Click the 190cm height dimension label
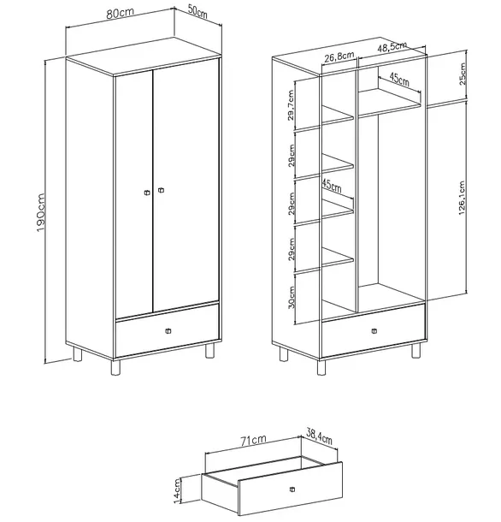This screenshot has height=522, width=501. click(40, 213)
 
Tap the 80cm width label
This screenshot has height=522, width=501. click(120, 14)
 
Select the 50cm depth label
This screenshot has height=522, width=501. click(197, 11)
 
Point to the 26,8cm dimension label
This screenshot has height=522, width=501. click(339, 57)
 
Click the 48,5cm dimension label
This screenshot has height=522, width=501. click(392, 47)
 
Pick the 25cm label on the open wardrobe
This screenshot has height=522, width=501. click(463, 74)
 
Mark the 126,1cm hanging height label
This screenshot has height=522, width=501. click(462, 198)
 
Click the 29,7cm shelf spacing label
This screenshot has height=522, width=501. click(291, 105)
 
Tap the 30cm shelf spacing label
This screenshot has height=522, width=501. click(291, 298)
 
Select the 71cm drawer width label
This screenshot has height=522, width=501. click(254, 441)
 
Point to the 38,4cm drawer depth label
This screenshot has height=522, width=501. click(319, 436)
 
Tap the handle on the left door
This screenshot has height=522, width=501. click(147, 193)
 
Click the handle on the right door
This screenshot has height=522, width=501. click(161, 190)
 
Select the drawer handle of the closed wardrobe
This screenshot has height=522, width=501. click(168, 331)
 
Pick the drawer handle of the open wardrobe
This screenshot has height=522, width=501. click(374, 331)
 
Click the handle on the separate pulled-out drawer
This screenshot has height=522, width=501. click(292, 489)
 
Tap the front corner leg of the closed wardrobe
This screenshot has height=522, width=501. click(115, 367)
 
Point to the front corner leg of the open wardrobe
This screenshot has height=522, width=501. click(321, 367)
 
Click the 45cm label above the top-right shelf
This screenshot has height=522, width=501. click(399, 80)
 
